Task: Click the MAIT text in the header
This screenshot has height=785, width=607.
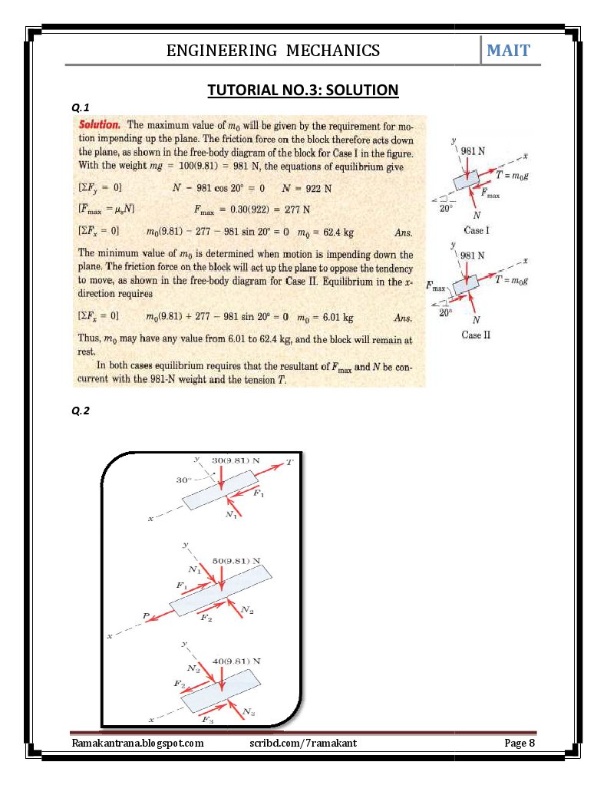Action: pyautogui.click(x=508, y=51)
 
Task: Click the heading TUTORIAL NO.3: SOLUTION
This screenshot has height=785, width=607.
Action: pyautogui.click(x=303, y=91)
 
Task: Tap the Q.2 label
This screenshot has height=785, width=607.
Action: pyautogui.click(x=80, y=411)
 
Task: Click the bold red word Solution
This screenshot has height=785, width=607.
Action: pyautogui.click(x=99, y=124)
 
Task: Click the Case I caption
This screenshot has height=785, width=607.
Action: pyautogui.click(x=477, y=229)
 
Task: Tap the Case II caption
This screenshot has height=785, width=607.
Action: pyautogui.click(x=476, y=335)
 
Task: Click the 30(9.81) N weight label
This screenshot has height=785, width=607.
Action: pyautogui.click(x=236, y=460)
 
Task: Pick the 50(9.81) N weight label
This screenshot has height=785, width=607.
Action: pyautogui.click(x=236, y=561)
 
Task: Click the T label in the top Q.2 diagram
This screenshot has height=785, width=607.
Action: pyautogui.click(x=289, y=462)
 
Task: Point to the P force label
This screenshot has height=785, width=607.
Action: pyautogui.click(x=146, y=615)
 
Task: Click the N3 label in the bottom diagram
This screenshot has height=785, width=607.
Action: pyautogui.click(x=249, y=713)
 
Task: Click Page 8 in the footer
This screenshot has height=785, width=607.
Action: pyautogui.click(x=519, y=743)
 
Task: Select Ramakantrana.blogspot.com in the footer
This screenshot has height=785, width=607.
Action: pyautogui.click(x=137, y=743)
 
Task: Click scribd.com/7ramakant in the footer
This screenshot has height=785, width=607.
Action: pyautogui.click(x=303, y=743)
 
